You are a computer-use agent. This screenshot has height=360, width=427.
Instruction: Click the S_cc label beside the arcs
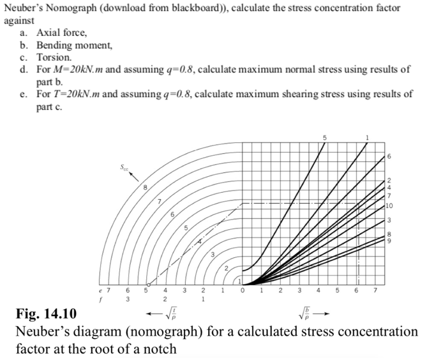(124, 167)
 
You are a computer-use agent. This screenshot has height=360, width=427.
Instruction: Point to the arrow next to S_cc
(133, 177)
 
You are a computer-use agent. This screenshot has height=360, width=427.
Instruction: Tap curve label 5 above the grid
(324, 138)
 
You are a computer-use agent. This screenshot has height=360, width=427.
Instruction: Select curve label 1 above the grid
(367, 138)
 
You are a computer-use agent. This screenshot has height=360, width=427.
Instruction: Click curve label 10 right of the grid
(389, 206)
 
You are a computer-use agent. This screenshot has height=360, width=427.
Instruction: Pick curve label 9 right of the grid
(389, 241)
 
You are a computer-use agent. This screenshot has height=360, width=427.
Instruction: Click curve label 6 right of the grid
(389, 156)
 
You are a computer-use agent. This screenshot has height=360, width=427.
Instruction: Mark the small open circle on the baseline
(149, 285)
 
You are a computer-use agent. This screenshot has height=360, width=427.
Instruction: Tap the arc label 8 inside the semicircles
(145, 188)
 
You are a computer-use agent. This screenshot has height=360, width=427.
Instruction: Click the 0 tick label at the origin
(243, 290)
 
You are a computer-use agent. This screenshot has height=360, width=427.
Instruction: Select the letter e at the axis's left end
(100, 290)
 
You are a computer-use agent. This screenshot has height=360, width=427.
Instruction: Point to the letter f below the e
(100, 299)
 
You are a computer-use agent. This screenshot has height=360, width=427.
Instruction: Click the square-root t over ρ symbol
(172, 314)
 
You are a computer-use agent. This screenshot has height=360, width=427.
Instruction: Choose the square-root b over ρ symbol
(304, 313)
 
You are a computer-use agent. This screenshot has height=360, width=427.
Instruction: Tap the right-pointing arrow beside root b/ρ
(321, 313)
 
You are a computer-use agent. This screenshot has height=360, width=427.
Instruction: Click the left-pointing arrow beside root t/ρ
(154, 314)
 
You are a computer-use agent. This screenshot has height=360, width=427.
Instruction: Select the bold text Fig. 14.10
(47, 313)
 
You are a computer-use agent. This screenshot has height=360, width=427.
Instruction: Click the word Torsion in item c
(54, 57)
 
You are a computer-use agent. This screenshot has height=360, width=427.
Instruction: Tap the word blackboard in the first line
(195, 8)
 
